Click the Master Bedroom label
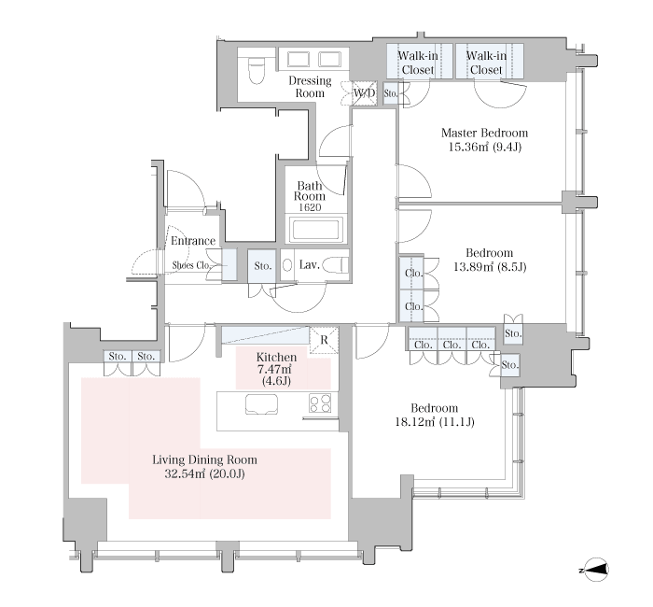pyautogui.click(x=484, y=133)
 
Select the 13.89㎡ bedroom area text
pyautogui.click(x=490, y=267)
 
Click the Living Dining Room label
pyautogui.click(x=204, y=459)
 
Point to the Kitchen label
pyautogui.click(x=276, y=358)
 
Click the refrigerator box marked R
pyautogui.click(x=324, y=340)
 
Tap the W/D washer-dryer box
pyautogui.click(x=365, y=93)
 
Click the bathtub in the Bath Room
pyautogui.click(x=315, y=230)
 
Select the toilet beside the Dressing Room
pyautogui.click(x=255, y=71)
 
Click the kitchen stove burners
pyautogui.click(x=320, y=402)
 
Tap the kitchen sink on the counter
pyautogui.click(x=261, y=404)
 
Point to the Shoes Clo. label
pyautogui.click(x=191, y=265)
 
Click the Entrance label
pyautogui.click(x=193, y=241)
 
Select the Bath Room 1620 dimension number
pyautogui.click(x=310, y=207)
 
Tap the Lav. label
pyautogui.click(x=310, y=264)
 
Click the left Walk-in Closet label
pyautogui.click(x=418, y=63)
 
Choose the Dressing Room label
pyautogui.click(x=310, y=86)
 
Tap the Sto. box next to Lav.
pyautogui.click(x=262, y=265)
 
